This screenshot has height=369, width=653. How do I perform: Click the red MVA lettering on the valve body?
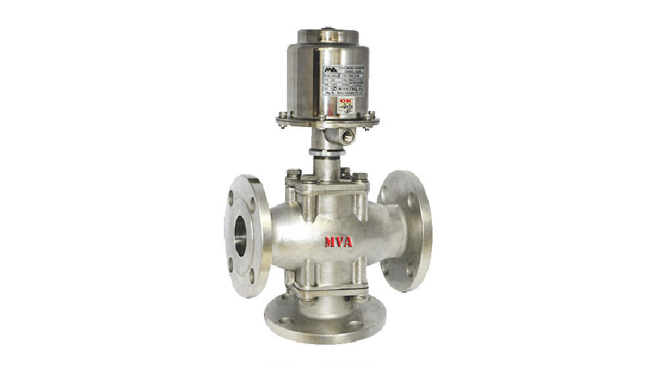coord(338,242)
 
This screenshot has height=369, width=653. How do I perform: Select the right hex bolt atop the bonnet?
coord(361,176)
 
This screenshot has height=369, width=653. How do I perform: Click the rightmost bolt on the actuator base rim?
coord(377,119)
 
